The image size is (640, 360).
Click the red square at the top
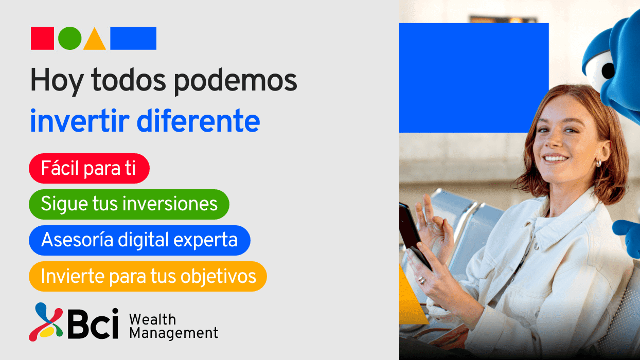pyautogui.click(x=42, y=38)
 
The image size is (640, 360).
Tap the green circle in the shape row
pyautogui.click(x=70, y=38)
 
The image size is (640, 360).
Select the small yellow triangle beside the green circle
pyautogui.click(x=95, y=40)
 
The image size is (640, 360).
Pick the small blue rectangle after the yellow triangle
pyautogui.click(x=133, y=38)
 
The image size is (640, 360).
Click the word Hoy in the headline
pyautogui.click(x=57, y=81)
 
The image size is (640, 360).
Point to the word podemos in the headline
pyautogui.click(x=236, y=81)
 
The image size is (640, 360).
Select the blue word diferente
pyautogui.click(x=198, y=120)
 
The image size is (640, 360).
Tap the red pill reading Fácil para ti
pyautogui.click(x=89, y=168)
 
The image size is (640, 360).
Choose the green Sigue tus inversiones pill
pyautogui.click(x=129, y=204)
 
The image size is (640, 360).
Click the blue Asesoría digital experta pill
pyautogui.click(x=140, y=240)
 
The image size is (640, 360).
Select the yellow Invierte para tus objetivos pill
pyautogui.click(x=148, y=276)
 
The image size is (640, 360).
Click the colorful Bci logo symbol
pyautogui.click(x=46, y=322)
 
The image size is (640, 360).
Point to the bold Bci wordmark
pyautogui.click(x=93, y=323)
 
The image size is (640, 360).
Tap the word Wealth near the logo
pyautogui.click(x=152, y=320)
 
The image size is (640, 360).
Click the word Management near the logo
pyautogui.click(x=174, y=333)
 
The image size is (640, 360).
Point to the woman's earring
pyautogui.click(x=598, y=164)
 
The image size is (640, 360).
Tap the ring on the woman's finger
pyautogui.click(x=422, y=280)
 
